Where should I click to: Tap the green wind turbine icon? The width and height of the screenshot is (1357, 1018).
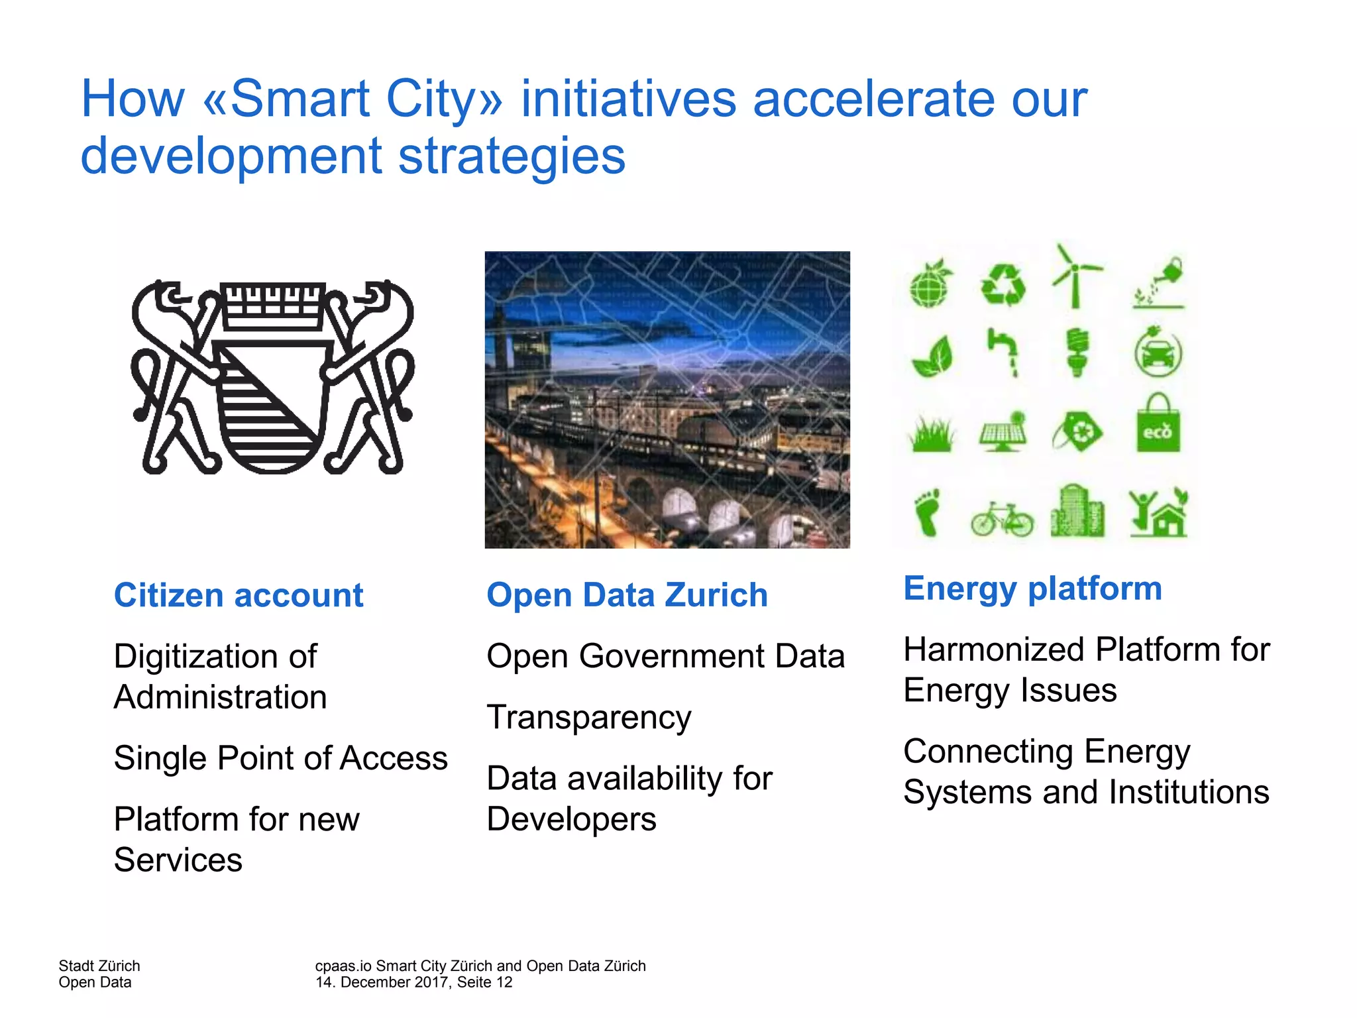(x=1075, y=277)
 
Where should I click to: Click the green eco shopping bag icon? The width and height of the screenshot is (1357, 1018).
(x=1158, y=424)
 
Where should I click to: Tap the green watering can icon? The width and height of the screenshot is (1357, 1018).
(x=1160, y=284)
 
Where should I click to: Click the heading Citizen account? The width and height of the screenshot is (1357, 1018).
(x=239, y=594)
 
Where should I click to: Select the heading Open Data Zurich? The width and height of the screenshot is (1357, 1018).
(x=627, y=594)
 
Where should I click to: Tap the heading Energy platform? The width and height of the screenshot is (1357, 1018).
(x=1032, y=588)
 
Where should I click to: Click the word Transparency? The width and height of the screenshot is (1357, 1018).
(x=588, y=717)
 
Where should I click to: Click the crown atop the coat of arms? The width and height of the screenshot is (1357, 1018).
(x=272, y=306)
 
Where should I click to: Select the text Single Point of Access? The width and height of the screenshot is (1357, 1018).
(x=280, y=758)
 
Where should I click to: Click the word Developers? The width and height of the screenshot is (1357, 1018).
(x=571, y=819)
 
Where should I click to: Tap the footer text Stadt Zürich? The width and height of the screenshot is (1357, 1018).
(x=99, y=966)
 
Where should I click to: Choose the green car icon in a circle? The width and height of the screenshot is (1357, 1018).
(x=1158, y=353)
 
